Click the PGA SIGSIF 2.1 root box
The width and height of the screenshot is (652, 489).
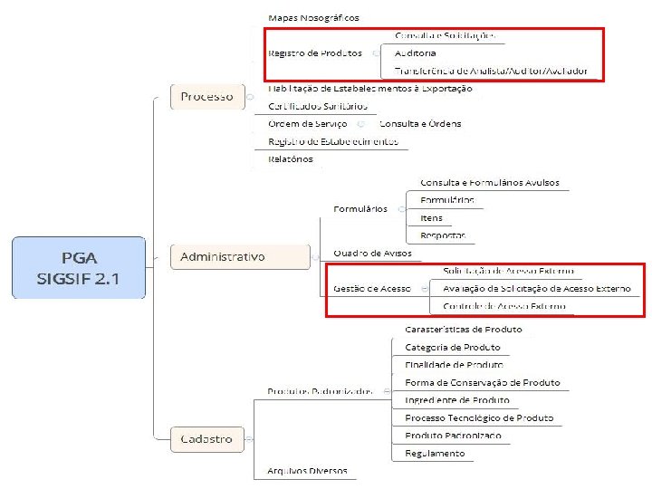(x=78, y=268)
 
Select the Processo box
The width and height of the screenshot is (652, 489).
(x=206, y=96)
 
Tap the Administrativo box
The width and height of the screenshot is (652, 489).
(x=223, y=257)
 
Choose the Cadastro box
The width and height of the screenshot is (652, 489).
(x=206, y=438)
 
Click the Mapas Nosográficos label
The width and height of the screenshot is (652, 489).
(x=313, y=18)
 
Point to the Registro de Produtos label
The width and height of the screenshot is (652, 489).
(x=315, y=53)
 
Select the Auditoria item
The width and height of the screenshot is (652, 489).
(x=415, y=53)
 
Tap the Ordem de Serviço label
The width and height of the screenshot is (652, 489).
(x=309, y=123)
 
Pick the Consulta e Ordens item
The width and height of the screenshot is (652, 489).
(x=420, y=123)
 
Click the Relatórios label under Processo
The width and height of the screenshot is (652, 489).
(x=291, y=158)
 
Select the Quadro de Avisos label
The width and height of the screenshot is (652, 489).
(x=372, y=253)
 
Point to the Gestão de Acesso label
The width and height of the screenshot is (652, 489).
(x=371, y=288)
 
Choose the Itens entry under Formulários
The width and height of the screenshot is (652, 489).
(x=431, y=218)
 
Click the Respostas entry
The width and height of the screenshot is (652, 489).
(x=443, y=235)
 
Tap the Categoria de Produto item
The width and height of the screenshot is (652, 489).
(x=452, y=348)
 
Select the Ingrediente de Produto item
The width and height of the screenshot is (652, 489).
(x=457, y=400)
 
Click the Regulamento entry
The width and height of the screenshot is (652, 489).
(x=436, y=453)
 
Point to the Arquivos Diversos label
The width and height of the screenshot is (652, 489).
(x=307, y=471)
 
